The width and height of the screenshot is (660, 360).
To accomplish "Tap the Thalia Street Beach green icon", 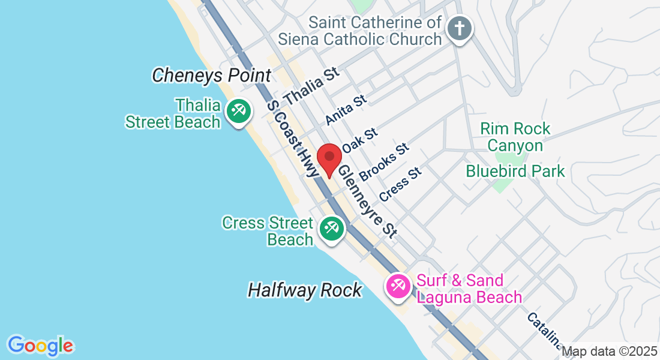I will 238,112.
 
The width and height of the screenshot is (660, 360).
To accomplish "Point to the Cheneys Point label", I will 211,76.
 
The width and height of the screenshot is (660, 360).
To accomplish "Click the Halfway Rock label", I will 305,290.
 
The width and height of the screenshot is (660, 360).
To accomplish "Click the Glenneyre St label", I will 367,201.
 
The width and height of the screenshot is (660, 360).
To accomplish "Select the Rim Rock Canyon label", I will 515,137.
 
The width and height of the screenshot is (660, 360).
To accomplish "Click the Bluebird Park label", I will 515,172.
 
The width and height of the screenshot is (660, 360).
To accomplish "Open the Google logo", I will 40,346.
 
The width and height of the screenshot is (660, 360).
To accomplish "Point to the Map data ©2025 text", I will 610,352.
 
